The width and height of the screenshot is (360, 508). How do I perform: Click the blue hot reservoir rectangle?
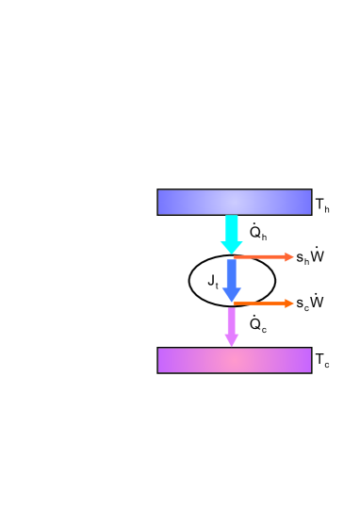tap(234, 202)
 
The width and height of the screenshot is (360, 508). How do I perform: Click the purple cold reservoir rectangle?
tap(234, 360)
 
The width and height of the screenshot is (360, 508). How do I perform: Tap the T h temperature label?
tap(322, 205)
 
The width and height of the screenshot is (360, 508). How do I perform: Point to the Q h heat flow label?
tap(258, 232)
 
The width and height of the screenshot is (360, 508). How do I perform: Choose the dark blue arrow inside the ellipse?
tap(232, 279)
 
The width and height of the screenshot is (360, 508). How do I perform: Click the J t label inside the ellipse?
tap(213, 281)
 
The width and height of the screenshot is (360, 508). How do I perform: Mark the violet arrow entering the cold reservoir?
tap(232, 325)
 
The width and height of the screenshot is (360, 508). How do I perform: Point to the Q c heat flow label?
tap(258, 325)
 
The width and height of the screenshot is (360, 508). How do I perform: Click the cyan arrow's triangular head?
tap(232, 247)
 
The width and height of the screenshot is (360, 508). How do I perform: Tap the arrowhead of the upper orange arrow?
tap(288, 256)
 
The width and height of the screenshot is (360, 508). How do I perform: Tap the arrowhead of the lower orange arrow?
tap(288, 303)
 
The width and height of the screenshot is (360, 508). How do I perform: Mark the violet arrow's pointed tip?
tap(232, 343)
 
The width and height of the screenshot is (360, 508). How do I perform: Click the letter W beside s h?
tap(318, 254)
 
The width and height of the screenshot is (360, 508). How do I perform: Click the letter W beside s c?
tap(318, 302)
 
